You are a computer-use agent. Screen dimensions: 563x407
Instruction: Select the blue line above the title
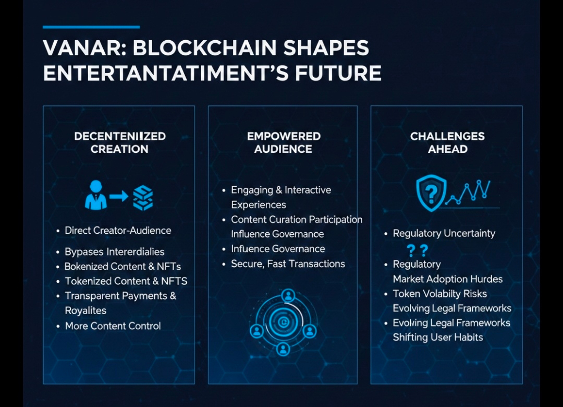pos(91,27)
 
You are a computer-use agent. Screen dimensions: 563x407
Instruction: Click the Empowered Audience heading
pos(283,142)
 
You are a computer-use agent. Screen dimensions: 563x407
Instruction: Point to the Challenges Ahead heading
pos(447,142)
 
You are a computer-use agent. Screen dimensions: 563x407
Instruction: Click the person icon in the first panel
pos(95,195)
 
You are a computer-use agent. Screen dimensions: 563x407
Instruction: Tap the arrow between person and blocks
pos(119,196)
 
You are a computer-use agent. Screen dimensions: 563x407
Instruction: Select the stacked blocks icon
pos(143,198)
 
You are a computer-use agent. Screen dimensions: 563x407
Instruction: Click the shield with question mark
pos(431,193)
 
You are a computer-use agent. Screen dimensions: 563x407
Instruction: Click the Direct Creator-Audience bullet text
pos(118,231)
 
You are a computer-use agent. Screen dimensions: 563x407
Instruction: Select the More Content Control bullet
pos(113,326)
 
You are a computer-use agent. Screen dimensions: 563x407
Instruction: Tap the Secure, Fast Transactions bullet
pos(288,264)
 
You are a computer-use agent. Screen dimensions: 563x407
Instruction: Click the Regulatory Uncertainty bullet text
pos(444,233)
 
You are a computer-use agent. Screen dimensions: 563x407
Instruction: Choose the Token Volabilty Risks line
pos(440,294)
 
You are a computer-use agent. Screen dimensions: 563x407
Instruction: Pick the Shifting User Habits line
pos(438,337)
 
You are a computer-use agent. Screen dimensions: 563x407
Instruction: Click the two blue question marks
pos(418,250)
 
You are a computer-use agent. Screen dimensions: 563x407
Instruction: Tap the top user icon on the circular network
pos(288,296)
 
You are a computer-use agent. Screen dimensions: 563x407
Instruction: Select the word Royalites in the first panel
pos(85,310)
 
